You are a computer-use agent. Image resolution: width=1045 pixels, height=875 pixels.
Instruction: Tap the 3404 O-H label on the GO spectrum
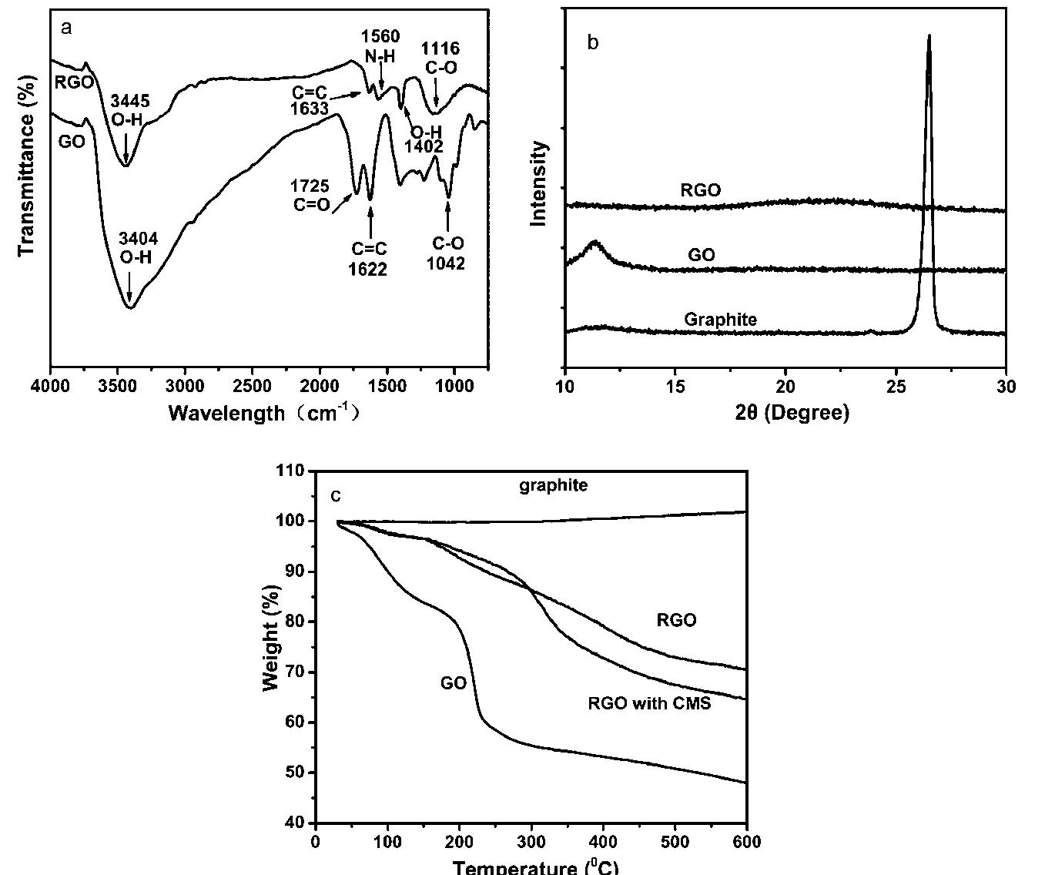[138, 249]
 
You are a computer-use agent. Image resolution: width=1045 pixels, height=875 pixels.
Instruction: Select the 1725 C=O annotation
[310, 196]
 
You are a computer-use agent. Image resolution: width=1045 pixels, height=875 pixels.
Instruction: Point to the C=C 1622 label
[370, 259]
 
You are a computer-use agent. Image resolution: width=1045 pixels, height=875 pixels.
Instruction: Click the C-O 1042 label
[448, 253]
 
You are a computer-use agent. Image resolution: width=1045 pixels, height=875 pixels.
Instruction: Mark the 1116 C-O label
[440, 58]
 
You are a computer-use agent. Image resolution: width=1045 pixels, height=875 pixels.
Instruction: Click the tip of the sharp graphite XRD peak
[929, 35]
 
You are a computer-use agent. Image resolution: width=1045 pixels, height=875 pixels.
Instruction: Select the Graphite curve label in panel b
[720, 319]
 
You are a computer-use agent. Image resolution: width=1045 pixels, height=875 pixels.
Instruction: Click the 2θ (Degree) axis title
[792, 413]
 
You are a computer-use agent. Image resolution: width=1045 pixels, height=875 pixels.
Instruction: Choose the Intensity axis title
[539, 183]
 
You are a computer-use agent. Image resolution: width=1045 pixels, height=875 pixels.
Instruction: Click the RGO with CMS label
[649, 702]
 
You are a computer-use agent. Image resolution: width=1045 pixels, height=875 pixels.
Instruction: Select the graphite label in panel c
[552, 485]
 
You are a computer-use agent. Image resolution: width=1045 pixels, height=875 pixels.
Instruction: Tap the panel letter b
[592, 43]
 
